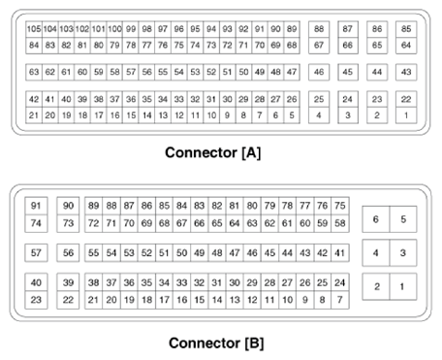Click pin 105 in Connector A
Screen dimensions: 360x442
coord(34,30)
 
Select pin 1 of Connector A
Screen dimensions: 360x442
coord(406,115)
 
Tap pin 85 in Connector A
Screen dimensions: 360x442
coord(406,30)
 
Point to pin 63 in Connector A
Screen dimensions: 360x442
coord(34,73)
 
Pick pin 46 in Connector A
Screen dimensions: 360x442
coord(319,73)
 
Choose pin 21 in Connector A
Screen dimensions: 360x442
coord(34,115)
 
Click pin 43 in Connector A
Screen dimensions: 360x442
coord(406,73)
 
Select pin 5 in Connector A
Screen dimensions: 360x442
coord(292,115)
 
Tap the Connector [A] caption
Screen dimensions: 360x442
coord(212,152)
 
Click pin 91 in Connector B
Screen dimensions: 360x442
coord(37,206)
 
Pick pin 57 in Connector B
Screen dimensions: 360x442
coord(37,252)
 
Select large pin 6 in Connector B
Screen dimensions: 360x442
coord(376,220)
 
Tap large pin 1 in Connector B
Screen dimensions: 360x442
coord(403,286)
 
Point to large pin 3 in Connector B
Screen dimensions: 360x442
coord(403,253)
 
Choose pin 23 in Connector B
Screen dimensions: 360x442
coord(37,300)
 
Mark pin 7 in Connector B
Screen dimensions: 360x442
coord(339,300)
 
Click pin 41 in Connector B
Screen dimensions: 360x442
coord(339,252)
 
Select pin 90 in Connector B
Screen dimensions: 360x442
coord(68,206)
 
